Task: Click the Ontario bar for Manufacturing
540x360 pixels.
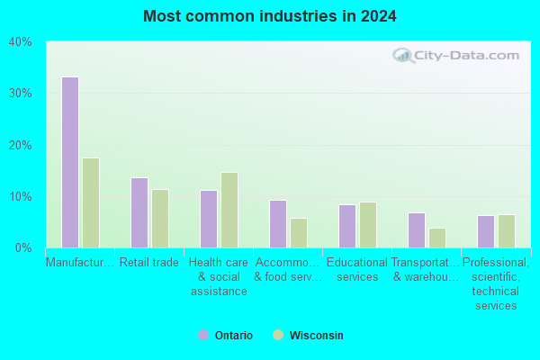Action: click(70, 162)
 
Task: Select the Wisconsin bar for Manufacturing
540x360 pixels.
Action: click(91, 202)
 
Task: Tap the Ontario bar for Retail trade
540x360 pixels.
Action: click(139, 213)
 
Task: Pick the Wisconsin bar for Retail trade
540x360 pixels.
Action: click(160, 219)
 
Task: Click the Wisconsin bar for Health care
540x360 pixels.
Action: click(229, 210)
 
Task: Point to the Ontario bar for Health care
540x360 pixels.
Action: click(209, 219)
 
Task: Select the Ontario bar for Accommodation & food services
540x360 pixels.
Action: click(278, 224)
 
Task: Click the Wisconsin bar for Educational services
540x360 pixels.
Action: click(368, 225)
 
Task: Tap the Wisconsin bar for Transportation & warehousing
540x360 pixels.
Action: click(437, 238)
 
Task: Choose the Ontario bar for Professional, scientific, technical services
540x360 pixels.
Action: click(486, 232)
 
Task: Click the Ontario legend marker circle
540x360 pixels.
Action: click(203, 335)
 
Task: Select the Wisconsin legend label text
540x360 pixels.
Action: click(317, 335)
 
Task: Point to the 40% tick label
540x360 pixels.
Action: click(21, 42)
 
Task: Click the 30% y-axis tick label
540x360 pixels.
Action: click(21, 94)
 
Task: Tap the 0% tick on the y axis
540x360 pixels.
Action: click(23, 248)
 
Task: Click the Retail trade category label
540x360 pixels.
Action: click(149, 263)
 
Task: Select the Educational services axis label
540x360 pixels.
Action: click(357, 270)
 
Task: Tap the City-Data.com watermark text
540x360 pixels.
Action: click(466, 56)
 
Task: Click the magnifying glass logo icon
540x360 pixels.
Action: click(403, 56)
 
